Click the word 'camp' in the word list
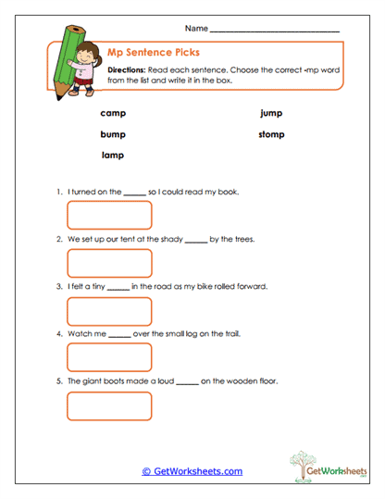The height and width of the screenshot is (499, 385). [x=113, y=113]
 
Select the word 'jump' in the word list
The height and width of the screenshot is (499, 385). [x=271, y=113]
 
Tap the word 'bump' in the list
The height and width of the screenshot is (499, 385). [x=113, y=134]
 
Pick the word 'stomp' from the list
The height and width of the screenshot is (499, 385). [x=271, y=134]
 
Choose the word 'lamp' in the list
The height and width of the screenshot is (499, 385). [x=113, y=156]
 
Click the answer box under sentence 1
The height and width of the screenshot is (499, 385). [x=109, y=215]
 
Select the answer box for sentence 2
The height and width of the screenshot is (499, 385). [x=109, y=262]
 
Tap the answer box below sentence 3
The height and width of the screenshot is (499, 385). [x=109, y=310]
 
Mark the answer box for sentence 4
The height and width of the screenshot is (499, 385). [x=109, y=357]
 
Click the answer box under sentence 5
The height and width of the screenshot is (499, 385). [x=109, y=405]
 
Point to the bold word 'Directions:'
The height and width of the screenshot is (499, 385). [x=127, y=70]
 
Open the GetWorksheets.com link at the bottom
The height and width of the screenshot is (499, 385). [x=192, y=471]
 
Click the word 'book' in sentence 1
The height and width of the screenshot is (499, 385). [x=229, y=192]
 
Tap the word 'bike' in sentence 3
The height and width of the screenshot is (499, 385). [x=199, y=286]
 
